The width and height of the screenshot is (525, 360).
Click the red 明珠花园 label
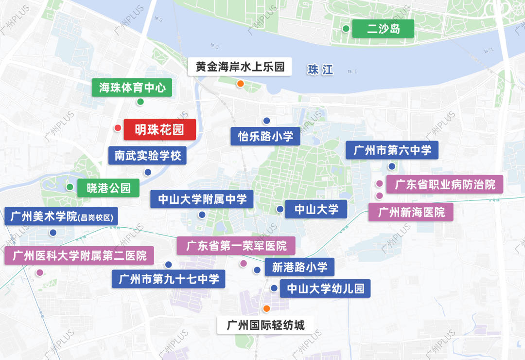[159, 129]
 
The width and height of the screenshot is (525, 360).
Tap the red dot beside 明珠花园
[117, 128]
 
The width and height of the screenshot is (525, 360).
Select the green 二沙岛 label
[383, 29]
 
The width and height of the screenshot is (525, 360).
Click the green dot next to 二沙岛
[346, 29]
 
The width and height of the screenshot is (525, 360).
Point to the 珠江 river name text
[320, 70]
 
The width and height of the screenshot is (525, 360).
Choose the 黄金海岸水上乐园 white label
[240, 66]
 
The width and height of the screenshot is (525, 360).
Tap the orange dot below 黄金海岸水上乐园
[240, 84]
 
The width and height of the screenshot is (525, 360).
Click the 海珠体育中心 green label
[132, 88]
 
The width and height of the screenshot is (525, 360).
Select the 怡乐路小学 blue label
[265, 136]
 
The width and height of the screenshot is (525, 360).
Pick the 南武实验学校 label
[147, 156]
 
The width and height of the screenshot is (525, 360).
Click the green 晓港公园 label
[108, 188]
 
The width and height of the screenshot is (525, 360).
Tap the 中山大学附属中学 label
[202, 199]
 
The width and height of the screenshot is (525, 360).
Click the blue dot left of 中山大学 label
[280, 209]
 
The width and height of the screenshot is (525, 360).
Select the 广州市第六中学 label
[392, 150]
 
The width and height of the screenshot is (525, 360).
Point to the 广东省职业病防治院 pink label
[445, 184]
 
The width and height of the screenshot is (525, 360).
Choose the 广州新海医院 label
[411, 212]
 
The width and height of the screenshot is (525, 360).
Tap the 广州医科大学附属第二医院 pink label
[79, 255]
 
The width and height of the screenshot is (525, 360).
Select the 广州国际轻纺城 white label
[266, 325]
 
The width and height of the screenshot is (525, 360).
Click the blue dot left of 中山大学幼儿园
[274, 288]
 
